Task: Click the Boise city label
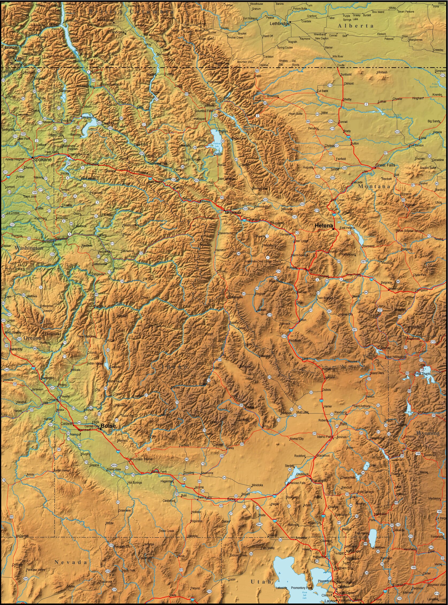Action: tap(108, 426)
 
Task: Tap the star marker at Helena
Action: tap(333, 229)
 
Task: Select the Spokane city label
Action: tap(42, 160)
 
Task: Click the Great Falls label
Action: tap(385, 165)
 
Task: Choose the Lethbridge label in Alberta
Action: tap(279, 24)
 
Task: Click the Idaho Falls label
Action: tap(325, 437)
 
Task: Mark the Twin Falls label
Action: tap(204, 498)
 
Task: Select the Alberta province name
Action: tap(355, 26)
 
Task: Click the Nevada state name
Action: tap(70, 562)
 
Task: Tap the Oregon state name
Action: tap(32, 338)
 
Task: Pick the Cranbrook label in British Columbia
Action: tap(116, 32)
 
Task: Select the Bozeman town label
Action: tap(395, 288)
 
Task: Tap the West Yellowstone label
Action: tap(396, 357)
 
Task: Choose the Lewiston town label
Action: tap(62, 239)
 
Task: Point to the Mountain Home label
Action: tap(141, 459)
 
